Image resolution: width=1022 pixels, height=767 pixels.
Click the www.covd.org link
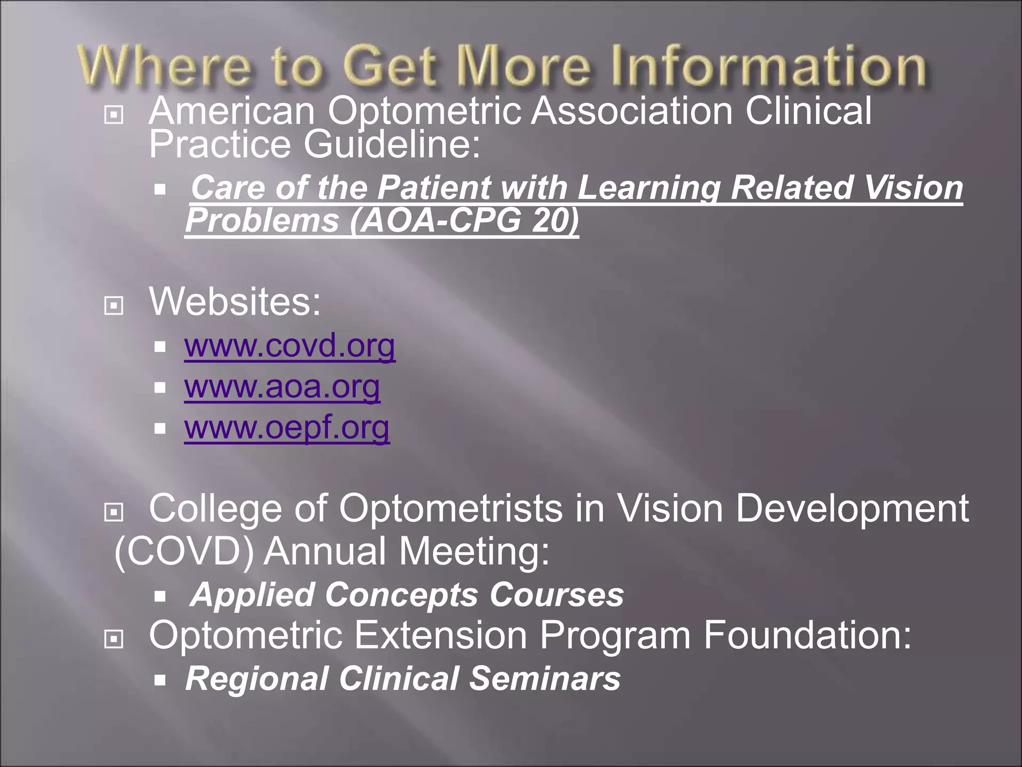coord(289,346)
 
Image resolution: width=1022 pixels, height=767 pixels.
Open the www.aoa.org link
coord(282,386)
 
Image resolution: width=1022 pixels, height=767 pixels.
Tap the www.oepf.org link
coord(286,427)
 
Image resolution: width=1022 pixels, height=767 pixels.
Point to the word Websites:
coord(235,302)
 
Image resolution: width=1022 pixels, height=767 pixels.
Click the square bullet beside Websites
coord(114,305)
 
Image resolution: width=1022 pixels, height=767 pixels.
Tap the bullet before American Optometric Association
coord(114,115)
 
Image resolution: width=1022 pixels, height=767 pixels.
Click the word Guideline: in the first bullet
coord(392,144)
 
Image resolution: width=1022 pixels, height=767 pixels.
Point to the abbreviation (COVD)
coord(184,551)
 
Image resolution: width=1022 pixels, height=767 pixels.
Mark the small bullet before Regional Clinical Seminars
coord(160,680)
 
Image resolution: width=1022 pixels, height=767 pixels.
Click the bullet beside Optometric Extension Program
coord(114,639)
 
